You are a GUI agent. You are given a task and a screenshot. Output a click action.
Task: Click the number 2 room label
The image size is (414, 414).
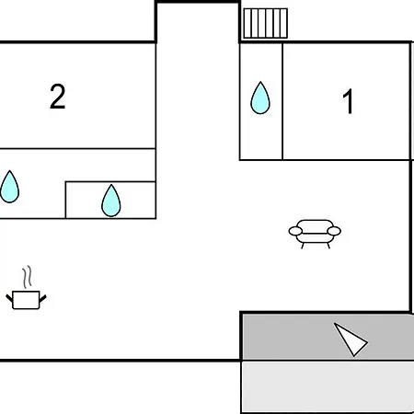tap(58, 97)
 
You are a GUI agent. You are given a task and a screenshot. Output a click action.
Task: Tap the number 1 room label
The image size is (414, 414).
tap(348, 101)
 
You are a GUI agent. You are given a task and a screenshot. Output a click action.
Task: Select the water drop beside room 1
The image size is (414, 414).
tap(260, 98)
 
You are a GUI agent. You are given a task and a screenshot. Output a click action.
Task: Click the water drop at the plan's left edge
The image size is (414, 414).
tap(9, 187)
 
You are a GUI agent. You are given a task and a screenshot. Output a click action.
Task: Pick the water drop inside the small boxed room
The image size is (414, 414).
tap(111, 201)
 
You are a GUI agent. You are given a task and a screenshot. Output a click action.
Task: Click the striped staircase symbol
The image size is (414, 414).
tap(266, 23)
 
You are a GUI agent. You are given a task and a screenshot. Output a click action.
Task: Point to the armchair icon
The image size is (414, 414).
tap(315, 234)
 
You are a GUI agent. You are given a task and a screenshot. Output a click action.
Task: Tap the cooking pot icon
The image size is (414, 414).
tap(26, 299)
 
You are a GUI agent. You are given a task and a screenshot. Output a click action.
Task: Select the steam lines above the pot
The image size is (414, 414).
tap(27, 277)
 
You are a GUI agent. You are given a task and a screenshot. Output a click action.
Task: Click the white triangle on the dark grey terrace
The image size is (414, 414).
tap(351, 339)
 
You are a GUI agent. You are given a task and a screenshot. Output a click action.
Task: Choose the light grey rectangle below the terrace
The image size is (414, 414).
tap(328, 387)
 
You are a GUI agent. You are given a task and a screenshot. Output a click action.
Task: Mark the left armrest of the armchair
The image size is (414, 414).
tap(295, 231)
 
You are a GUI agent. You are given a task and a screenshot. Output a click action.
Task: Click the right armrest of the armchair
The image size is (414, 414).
tap(334, 231)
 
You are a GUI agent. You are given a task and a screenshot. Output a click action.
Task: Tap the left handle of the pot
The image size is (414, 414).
tap(9, 297)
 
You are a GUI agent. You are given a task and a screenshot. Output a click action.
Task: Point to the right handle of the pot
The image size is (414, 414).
tap(42, 298)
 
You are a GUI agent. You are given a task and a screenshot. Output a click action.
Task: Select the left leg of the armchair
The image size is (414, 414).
tap(303, 246)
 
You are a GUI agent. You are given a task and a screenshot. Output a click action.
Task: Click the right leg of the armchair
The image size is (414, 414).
tap(328, 246)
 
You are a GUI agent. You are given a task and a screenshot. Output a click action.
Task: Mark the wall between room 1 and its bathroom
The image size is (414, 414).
tap(282, 101)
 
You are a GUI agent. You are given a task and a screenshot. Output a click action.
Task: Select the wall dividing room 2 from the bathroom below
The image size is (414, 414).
tap(78, 149)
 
